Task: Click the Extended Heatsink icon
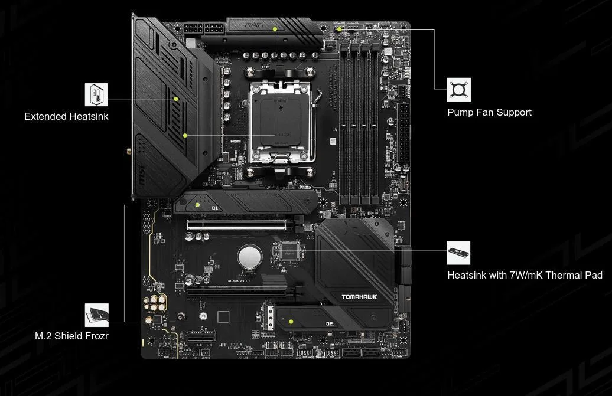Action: click(x=97, y=94)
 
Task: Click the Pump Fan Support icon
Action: click(x=458, y=90)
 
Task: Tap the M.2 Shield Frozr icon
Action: click(x=97, y=315)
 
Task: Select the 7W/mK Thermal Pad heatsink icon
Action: click(x=458, y=253)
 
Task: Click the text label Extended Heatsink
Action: click(x=66, y=116)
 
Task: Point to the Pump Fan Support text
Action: click(x=489, y=112)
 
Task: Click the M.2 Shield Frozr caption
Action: click(x=71, y=336)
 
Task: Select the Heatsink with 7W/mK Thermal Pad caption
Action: click(x=525, y=275)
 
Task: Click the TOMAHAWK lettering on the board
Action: click(x=359, y=297)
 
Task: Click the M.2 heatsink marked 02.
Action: click(x=331, y=319)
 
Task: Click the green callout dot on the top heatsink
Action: click(x=275, y=28)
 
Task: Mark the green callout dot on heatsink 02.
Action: click(x=291, y=322)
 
